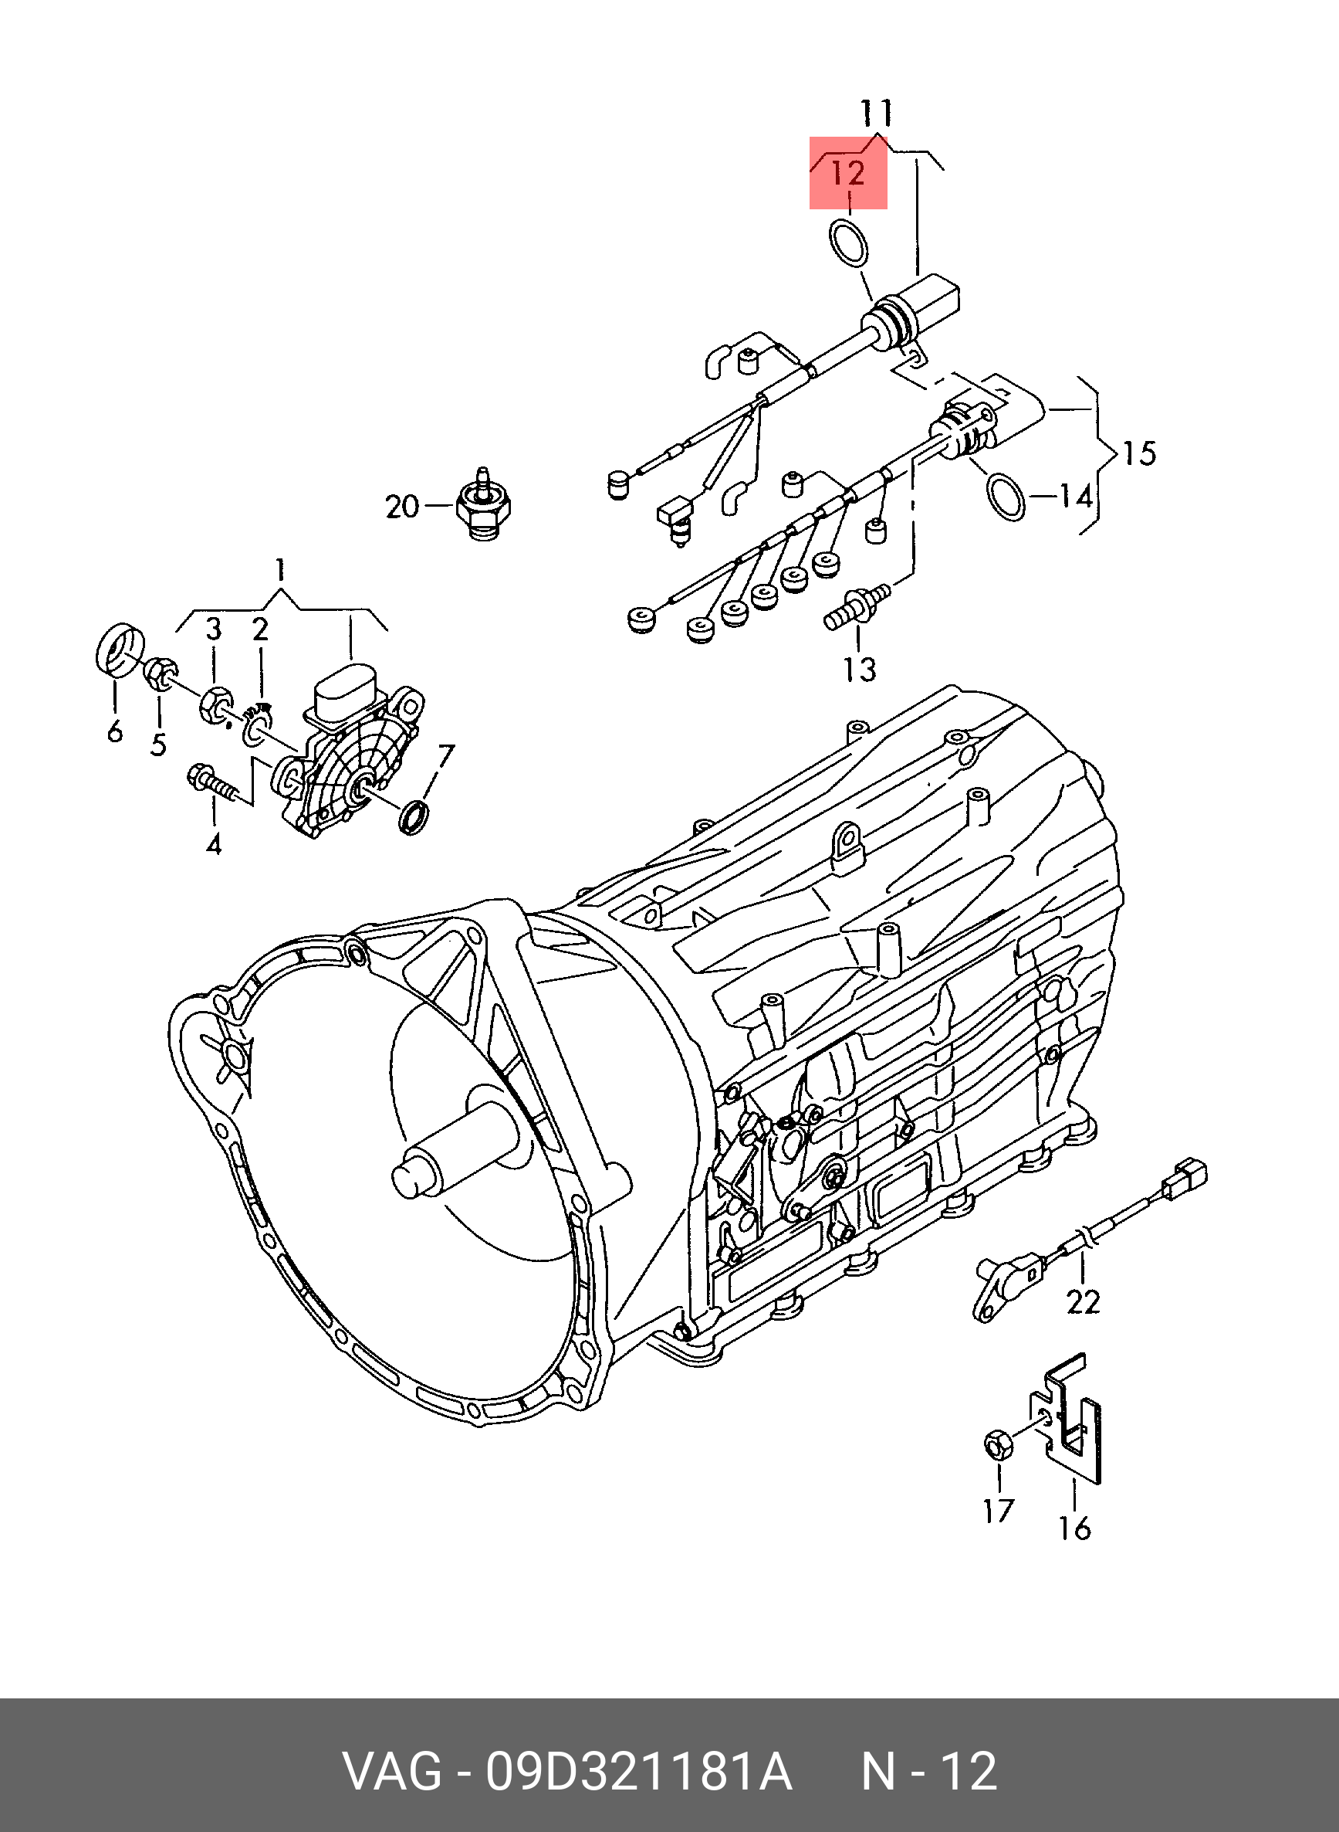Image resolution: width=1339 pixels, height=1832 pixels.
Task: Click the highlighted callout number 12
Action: coord(849,173)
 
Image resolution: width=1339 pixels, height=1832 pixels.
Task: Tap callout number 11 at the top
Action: coord(876,113)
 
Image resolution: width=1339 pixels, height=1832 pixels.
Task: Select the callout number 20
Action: coord(402,507)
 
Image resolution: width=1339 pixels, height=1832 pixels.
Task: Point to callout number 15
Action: coord(1139,453)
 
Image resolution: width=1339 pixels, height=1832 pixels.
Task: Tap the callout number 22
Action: coord(1083,1301)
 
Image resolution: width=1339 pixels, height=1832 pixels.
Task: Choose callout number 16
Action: coord(1075,1528)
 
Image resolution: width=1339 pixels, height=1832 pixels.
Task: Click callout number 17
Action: coord(999,1511)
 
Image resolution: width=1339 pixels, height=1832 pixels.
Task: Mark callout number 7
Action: coord(446,757)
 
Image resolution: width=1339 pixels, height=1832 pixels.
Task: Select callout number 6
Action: coord(115,731)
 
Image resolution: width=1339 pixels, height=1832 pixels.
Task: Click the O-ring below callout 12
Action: coord(847,242)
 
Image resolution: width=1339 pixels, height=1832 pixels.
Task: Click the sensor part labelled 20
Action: coord(484,504)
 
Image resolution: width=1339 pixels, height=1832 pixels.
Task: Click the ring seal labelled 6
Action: coord(120,649)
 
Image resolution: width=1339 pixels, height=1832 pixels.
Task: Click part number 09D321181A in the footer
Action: coord(639,1771)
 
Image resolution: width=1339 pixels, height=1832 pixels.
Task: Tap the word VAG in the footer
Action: coord(392,1771)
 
